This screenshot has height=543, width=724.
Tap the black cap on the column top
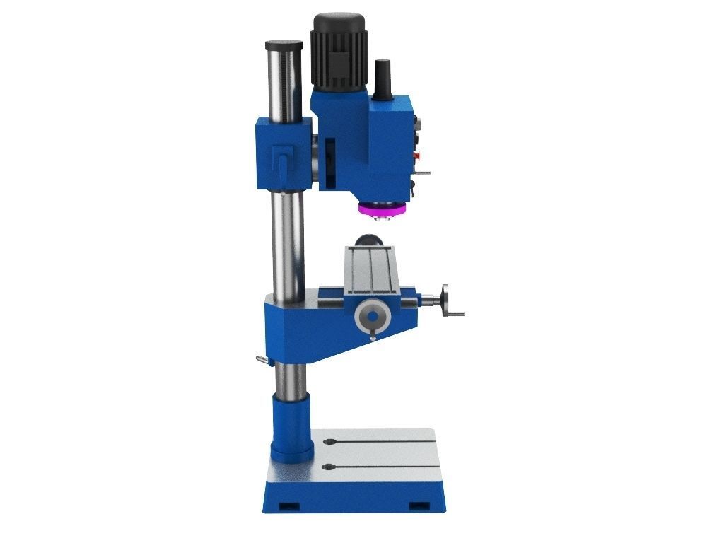(x=284, y=46)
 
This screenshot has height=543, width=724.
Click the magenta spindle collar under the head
(x=383, y=209)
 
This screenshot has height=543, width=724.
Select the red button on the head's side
(x=416, y=156)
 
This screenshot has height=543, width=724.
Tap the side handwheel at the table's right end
(x=445, y=300)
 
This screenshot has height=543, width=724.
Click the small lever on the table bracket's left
(x=262, y=361)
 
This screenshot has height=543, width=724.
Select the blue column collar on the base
(x=291, y=428)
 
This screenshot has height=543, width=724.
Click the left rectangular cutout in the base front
(x=288, y=506)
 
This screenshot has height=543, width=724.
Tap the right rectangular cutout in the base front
(x=420, y=506)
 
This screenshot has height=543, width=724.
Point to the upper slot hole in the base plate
(x=329, y=443)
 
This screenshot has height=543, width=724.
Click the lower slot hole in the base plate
(x=328, y=467)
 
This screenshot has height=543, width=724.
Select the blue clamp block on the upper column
(x=283, y=154)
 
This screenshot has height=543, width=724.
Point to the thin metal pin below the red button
(x=423, y=172)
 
